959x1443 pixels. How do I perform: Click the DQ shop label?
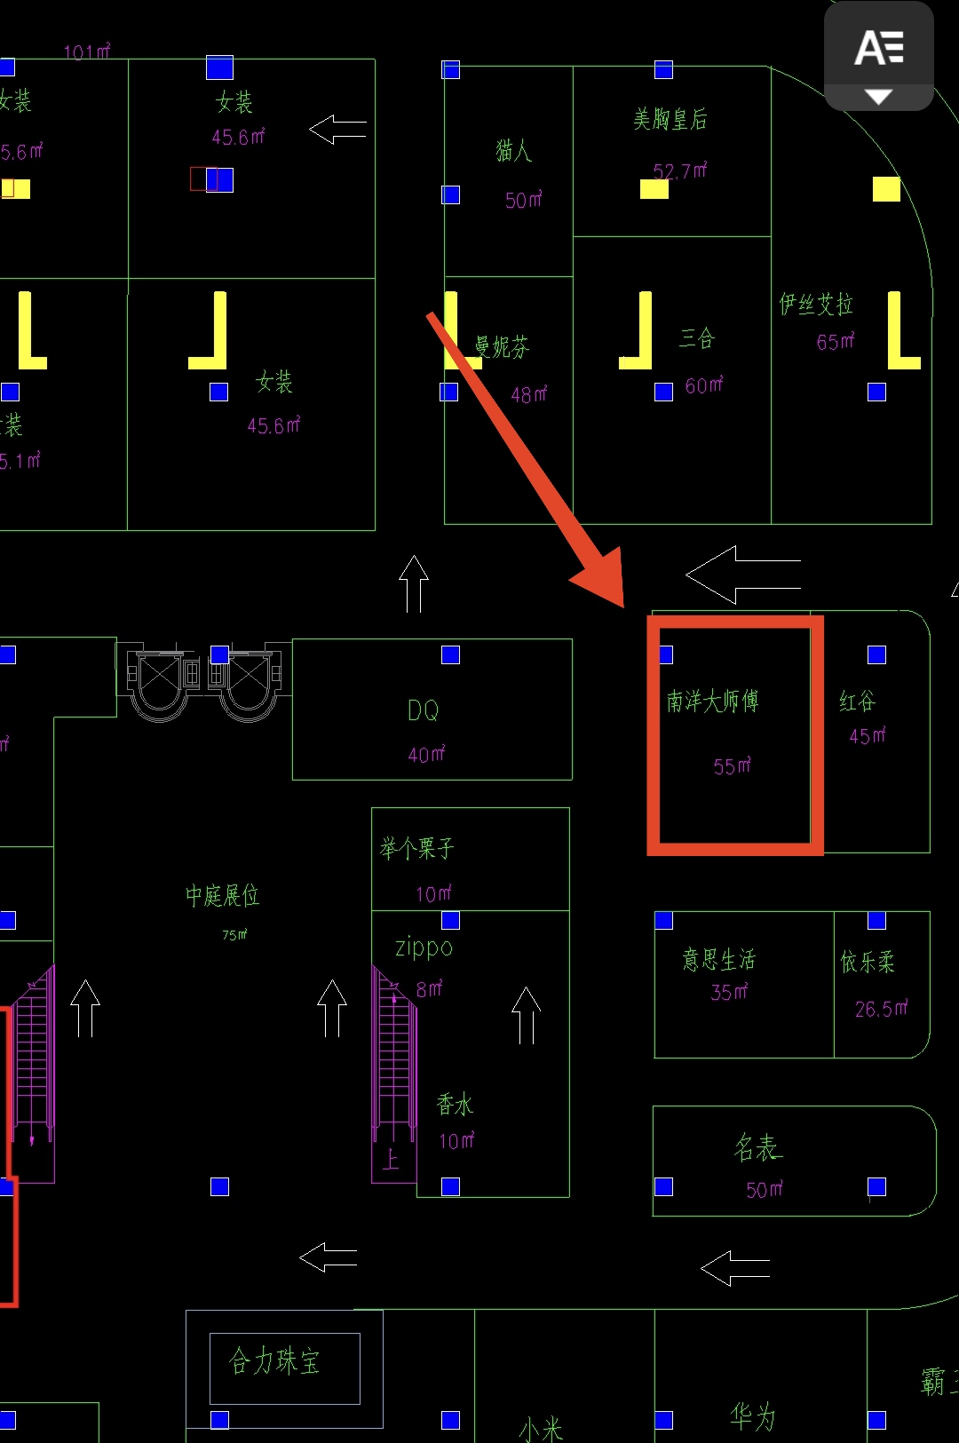coord(424,710)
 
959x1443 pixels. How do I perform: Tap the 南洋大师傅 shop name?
coord(712,702)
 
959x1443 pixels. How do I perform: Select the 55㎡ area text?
coord(732,765)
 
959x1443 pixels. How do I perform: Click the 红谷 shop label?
coord(857,702)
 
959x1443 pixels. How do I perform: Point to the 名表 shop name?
coord(757,1148)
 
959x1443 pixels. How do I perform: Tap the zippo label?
coord(424,947)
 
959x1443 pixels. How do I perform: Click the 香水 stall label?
coord(455,1105)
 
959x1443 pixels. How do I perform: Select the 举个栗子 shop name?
coord(416,849)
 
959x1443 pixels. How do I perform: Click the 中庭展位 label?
coord(222,895)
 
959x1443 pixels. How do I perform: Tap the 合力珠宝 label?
coord(273,1360)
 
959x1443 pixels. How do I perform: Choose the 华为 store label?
coord(752,1415)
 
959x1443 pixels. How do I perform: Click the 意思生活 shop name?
coord(718,959)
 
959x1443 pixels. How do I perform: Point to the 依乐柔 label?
coord(867,962)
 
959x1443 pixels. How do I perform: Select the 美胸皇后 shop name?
coord(670,119)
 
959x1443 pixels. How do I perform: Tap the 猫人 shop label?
coord(513,150)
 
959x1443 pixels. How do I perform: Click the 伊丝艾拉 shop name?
coord(815,305)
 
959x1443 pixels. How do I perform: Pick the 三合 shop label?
coord(697,338)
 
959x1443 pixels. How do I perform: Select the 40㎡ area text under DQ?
coord(426,755)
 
